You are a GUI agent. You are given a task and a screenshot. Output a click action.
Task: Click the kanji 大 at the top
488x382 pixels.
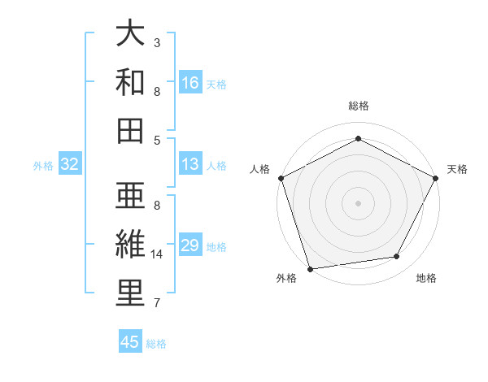(x=131, y=34)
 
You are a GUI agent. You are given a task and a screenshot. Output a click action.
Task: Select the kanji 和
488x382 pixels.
(x=131, y=82)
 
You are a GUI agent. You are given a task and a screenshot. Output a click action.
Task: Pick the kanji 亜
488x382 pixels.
(x=131, y=198)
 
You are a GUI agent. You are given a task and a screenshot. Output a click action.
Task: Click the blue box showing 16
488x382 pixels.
(x=190, y=83)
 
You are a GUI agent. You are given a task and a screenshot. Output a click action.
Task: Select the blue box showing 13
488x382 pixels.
(x=190, y=164)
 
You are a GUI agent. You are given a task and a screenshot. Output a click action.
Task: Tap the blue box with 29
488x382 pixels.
(x=190, y=245)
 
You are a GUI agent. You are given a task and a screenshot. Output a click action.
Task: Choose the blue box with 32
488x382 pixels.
(x=69, y=164)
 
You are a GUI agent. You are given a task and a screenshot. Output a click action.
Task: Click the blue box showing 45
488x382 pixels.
(x=130, y=342)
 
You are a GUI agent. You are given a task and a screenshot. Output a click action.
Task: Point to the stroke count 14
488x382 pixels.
(x=158, y=254)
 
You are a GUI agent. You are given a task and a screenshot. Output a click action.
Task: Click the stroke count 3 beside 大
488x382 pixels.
(x=157, y=41)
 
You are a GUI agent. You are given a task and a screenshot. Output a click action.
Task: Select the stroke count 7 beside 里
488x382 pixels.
(x=157, y=303)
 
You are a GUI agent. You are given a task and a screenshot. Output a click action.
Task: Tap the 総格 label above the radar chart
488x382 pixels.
(x=358, y=106)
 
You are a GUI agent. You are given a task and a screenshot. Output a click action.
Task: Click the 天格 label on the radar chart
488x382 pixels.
(x=457, y=169)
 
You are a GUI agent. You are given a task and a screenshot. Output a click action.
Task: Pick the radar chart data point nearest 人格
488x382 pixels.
(x=281, y=178)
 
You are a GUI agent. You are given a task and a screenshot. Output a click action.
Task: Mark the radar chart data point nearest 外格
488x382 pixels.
(x=310, y=268)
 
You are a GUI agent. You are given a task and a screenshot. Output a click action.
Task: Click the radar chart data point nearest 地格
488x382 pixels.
(x=397, y=257)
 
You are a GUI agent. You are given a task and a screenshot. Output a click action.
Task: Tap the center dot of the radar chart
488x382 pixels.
(x=358, y=202)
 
